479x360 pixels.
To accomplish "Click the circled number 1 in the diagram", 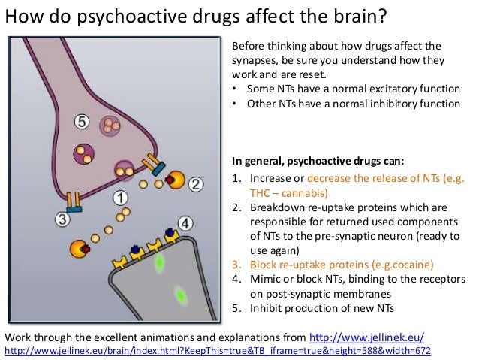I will click(x=119, y=198).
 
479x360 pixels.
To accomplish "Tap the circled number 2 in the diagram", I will click(x=195, y=183).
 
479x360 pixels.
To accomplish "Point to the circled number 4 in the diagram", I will click(x=185, y=223).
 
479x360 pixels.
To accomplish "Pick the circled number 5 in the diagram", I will click(x=83, y=120).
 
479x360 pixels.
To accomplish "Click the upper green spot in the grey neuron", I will click(x=159, y=263).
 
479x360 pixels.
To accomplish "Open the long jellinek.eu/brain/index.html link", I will click(x=218, y=351).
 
